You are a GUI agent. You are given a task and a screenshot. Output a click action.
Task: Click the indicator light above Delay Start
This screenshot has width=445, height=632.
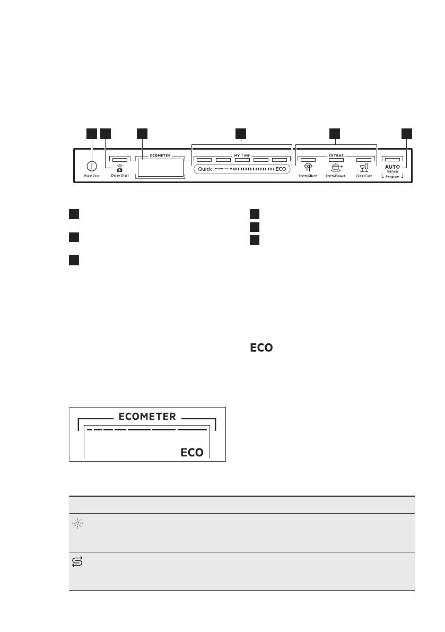click(120, 159)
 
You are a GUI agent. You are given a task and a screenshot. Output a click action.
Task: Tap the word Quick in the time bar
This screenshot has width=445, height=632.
click(205, 168)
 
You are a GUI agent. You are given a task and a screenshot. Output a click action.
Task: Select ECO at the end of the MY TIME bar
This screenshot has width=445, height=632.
click(281, 168)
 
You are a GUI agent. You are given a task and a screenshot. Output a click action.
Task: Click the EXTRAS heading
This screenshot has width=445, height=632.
click(336, 155)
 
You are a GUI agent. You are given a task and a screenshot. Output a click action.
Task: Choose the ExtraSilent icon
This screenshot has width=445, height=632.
click(308, 167)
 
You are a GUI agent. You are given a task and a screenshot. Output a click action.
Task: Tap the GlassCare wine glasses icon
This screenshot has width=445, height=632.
click(363, 167)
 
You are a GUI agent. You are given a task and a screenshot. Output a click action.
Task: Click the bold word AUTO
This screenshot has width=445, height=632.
click(392, 167)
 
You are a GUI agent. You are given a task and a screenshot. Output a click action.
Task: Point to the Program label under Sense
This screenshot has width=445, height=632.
click(392, 177)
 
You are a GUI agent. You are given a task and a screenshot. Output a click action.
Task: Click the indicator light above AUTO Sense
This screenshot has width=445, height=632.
click(392, 159)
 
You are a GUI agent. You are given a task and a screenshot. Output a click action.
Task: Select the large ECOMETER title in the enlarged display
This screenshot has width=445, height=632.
click(147, 417)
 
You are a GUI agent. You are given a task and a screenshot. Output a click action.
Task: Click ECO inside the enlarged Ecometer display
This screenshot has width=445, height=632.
click(192, 453)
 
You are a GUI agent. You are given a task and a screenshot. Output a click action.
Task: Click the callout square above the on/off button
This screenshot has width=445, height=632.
click(92, 134)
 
